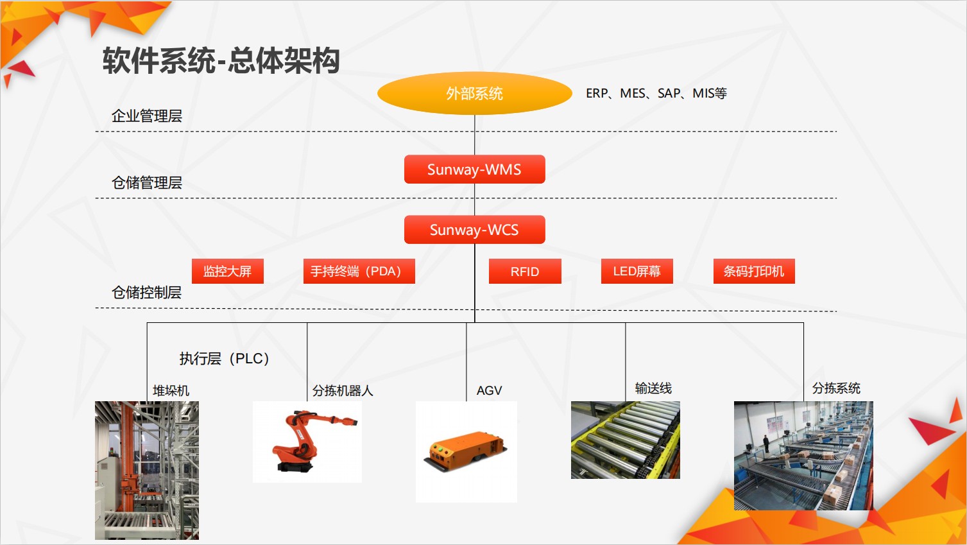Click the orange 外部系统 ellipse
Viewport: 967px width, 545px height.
click(474, 93)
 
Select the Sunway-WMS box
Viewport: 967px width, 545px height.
click(474, 169)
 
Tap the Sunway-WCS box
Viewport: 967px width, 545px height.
click(474, 230)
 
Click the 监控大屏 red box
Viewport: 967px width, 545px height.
click(228, 271)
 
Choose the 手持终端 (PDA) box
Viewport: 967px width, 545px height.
click(359, 271)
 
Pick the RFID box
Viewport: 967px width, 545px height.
click(525, 271)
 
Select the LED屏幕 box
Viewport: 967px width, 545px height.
click(637, 271)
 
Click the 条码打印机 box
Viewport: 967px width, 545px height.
click(754, 271)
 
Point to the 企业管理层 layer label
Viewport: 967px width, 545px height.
click(147, 116)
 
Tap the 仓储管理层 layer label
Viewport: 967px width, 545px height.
click(147, 183)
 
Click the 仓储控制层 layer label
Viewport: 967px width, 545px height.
click(147, 292)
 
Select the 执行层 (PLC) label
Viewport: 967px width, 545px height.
click(225, 358)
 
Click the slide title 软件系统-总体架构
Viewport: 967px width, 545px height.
click(221, 60)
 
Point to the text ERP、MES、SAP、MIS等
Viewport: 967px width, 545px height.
click(656, 93)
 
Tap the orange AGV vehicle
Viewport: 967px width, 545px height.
click(465, 451)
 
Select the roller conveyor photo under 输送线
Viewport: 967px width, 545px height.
click(626, 440)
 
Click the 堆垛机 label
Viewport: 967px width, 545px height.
click(171, 390)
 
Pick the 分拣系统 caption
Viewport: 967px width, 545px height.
click(836, 388)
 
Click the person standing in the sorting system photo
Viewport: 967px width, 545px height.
click(766, 443)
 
